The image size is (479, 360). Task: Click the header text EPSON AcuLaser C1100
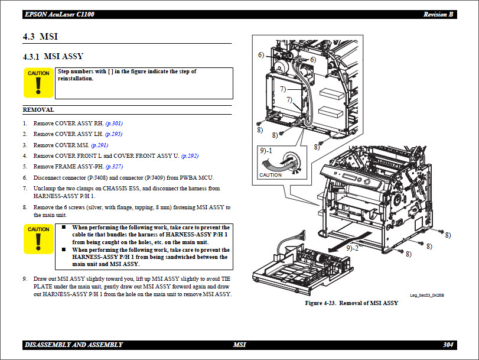(x=59, y=14)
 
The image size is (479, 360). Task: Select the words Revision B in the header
(x=438, y=14)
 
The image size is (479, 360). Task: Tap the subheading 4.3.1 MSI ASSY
(x=53, y=57)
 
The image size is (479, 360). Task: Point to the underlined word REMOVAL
(x=38, y=109)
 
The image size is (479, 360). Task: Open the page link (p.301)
(x=114, y=123)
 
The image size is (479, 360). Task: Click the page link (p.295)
(x=113, y=134)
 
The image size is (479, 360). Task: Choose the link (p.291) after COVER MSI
(x=99, y=145)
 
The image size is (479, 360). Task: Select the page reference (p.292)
(x=190, y=155)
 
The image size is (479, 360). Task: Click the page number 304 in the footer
(x=448, y=345)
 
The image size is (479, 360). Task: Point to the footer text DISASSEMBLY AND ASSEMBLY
(x=74, y=345)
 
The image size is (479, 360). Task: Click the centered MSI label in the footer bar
(x=239, y=345)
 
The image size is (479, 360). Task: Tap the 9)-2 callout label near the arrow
(x=354, y=248)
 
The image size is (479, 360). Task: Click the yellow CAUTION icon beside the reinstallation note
(x=38, y=83)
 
